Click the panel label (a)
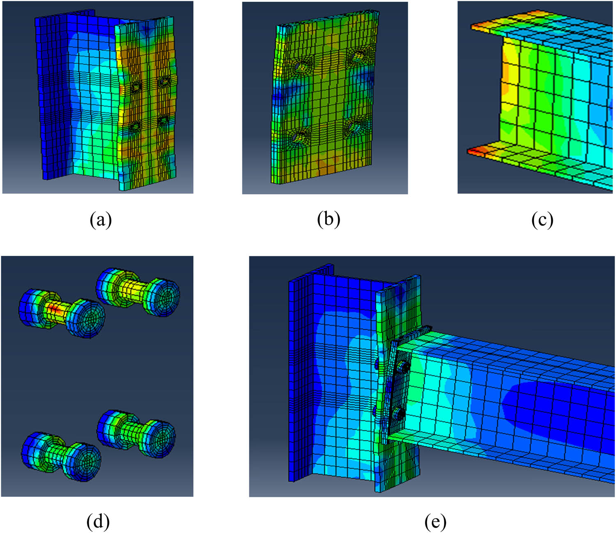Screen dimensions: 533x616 [x=101, y=220]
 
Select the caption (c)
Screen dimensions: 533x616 [x=542, y=220]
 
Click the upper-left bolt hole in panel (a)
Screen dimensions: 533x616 [x=136, y=87]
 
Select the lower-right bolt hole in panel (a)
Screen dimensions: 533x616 [x=164, y=120]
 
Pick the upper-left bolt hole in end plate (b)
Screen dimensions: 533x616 [x=301, y=65]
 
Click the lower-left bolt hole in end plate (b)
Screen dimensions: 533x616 [x=300, y=136]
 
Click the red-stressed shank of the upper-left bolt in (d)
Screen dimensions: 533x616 [x=56, y=308]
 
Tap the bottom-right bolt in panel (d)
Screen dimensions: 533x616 [x=136, y=433]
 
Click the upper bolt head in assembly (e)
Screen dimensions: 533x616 [x=403, y=368]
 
